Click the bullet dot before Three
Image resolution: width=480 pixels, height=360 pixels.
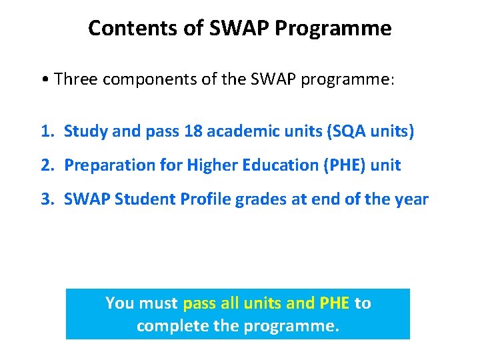(43, 80)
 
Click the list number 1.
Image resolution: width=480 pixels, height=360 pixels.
(45, 132)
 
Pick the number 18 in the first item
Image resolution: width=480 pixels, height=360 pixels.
(193, 132)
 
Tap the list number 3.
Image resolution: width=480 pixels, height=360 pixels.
(45, 199)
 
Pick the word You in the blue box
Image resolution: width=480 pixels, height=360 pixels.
(119, 303)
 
